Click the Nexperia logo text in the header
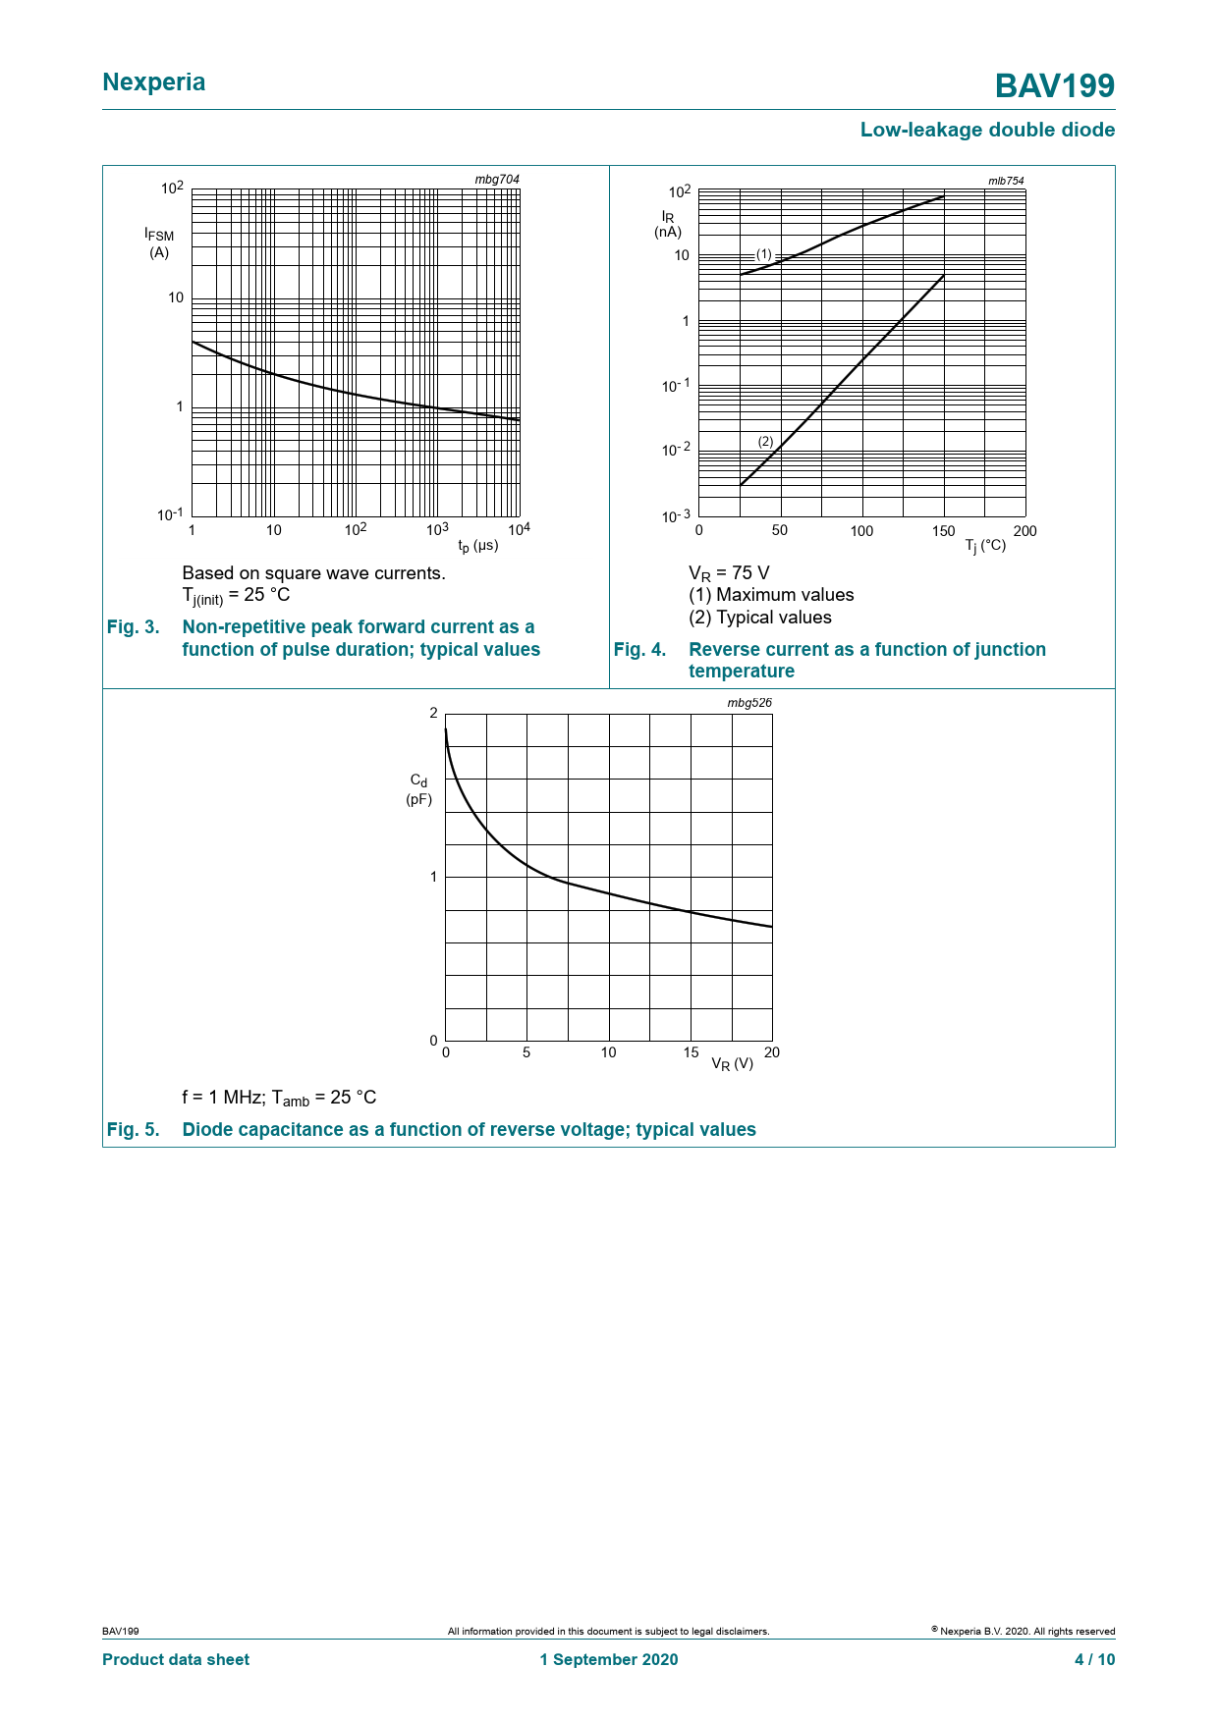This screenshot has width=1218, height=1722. coord(154,82)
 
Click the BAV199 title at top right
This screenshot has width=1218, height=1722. coord(1054,86)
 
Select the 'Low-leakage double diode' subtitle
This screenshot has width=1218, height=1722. coord(986,130)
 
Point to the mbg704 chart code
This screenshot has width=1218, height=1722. coord(497,180)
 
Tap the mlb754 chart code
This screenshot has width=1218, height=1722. coord(1006,181)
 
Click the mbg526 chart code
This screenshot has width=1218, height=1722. coord(749,703)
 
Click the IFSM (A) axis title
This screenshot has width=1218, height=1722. coord(159,243)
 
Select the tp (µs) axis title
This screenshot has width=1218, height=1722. coord(478,545)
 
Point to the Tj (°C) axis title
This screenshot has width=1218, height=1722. coord(985,545)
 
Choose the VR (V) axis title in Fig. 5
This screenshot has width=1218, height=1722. coord(732,1063)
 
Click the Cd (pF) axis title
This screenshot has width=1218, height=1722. coord(419,789)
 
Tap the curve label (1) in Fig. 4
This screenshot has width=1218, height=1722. coord(764,254)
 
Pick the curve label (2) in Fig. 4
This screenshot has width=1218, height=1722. coord(766,442)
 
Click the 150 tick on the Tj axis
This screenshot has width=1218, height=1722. coord(943,531)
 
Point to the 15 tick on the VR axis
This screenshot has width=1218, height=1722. coord(692,1052)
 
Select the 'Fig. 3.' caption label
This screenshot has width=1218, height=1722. coord(133,627)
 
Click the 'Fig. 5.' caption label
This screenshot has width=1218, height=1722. coord(133,1130)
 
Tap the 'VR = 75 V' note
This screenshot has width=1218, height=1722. coord(729,573)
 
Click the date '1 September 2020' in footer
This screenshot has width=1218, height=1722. coord(608,1659)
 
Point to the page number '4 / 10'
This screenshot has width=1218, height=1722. coord(1094,1659)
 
